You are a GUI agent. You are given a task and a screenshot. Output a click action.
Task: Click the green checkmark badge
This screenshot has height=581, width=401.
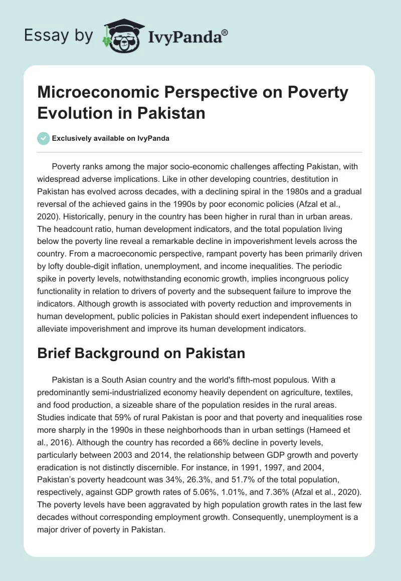pyautogui.click(x=44, y=138)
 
